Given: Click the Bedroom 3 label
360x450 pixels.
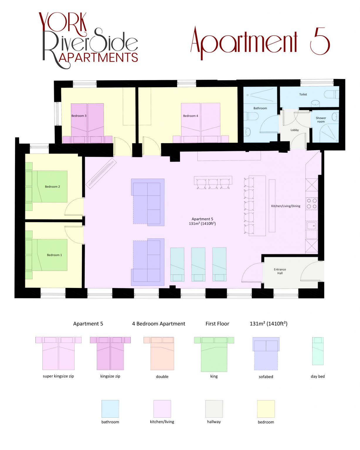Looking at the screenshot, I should (x=79, y=116).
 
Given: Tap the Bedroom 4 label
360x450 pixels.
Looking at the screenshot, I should (x=191, y=116).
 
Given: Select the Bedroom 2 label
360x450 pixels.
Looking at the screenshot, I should (x=52, y=187).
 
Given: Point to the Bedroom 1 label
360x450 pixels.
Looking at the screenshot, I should (x=54, y=255).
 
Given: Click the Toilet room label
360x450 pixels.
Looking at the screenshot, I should (x=303, y=94).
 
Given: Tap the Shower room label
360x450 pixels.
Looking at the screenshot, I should (x=321, y=120).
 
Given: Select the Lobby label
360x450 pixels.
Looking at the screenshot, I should (x=295, y=130).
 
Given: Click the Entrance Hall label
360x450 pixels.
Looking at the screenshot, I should (x=280, y=271).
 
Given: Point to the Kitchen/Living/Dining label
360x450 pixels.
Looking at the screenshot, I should (x=286, y=206).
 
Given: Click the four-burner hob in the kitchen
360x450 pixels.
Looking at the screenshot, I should (x=312, y=204).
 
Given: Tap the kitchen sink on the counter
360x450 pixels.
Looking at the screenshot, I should (x=311, y=226).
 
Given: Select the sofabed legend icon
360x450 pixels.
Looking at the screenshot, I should (x=266, y=353).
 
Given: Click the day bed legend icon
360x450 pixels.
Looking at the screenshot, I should (x=318, y=351).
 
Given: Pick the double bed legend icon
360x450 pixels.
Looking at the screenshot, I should (x=162, y=353).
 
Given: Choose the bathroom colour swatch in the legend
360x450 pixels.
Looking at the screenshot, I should (x=110, y=409).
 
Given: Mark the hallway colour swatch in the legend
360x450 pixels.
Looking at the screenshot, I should (x=214, y=409).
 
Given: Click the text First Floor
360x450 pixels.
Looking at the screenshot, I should (x=217, y=324).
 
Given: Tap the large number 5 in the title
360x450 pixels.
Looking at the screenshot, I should (x=320, y=41).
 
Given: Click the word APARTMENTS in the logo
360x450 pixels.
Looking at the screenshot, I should (x=99, y=58).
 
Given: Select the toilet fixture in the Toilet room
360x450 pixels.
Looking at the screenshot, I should (x=331, y=94).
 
